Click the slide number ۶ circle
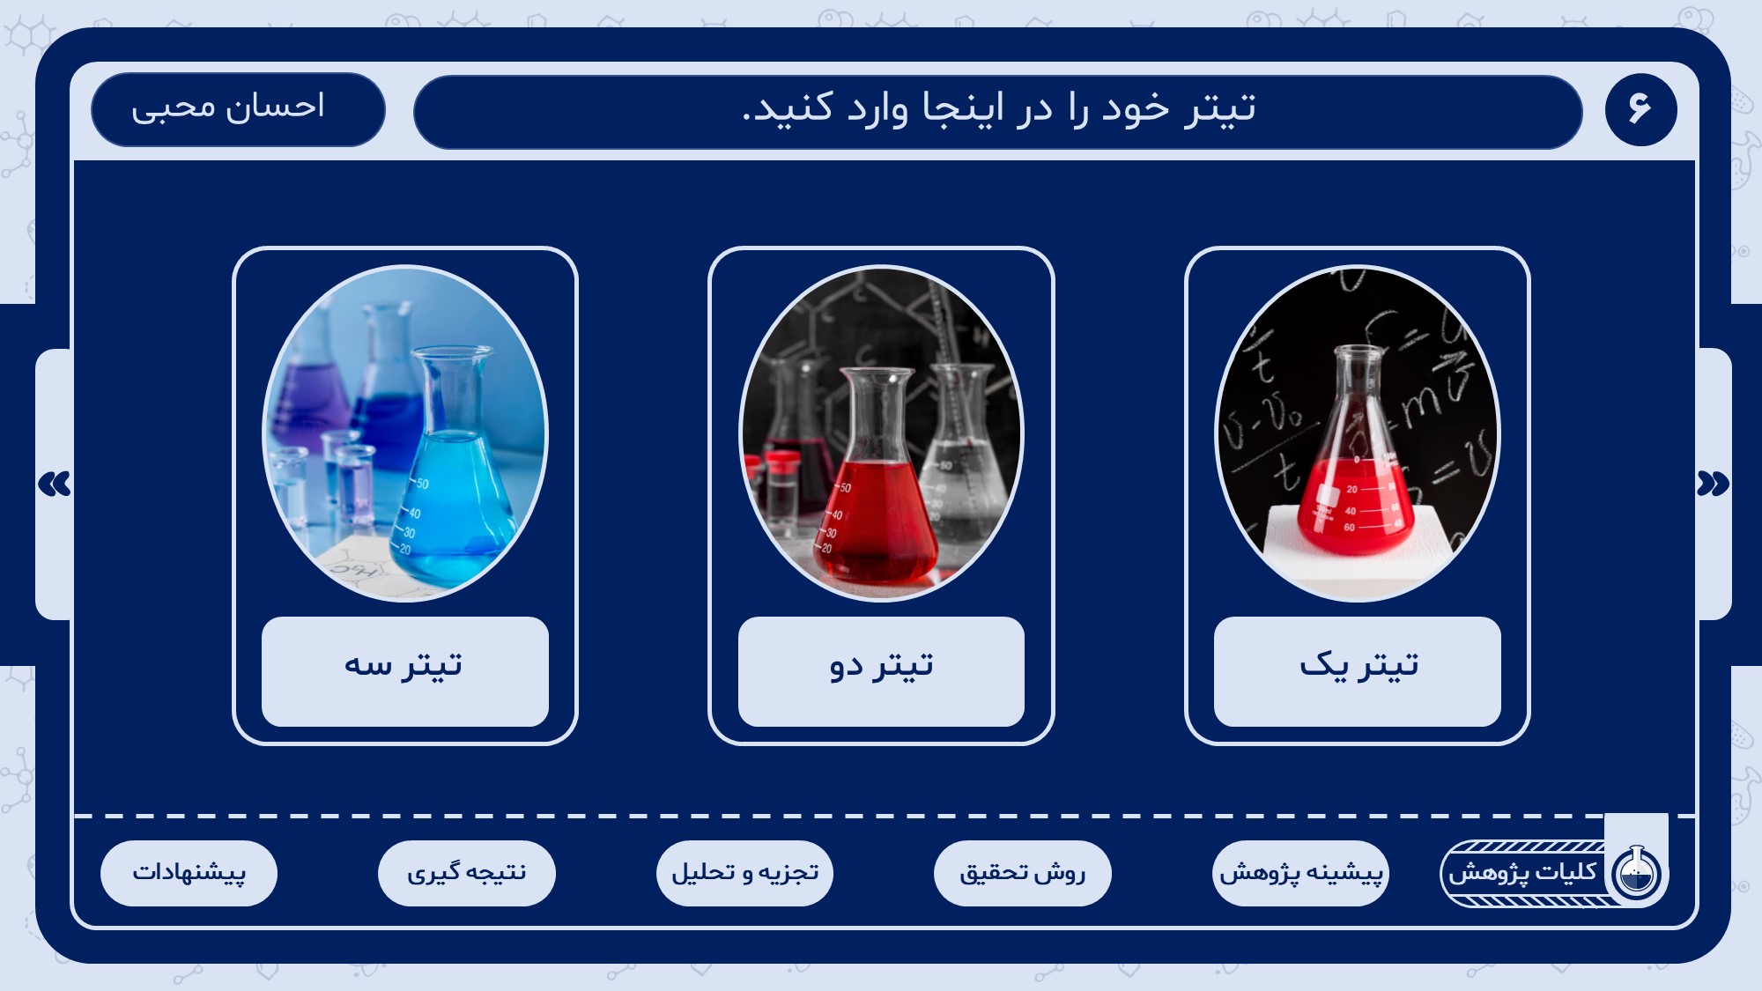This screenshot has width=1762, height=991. [1640, 109]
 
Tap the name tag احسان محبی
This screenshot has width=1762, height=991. [238, 109]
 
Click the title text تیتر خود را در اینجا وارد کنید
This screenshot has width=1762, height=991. [999, 108]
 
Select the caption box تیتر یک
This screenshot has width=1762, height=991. [1358, 671]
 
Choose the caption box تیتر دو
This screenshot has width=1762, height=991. [881, 671]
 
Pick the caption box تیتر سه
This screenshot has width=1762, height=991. [405, 671]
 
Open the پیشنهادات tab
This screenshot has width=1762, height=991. [189, 873]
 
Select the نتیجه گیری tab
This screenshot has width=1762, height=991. [467, 873]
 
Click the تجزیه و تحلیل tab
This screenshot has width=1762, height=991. [744, 873]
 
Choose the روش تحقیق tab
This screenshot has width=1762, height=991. [1023, 873]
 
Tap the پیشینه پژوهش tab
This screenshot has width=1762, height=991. [1300, 873]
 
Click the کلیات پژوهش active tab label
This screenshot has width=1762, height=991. [1522, 872]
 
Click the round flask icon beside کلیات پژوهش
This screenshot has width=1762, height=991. [1636, 873]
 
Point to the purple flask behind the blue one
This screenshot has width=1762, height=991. [308, 388]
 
